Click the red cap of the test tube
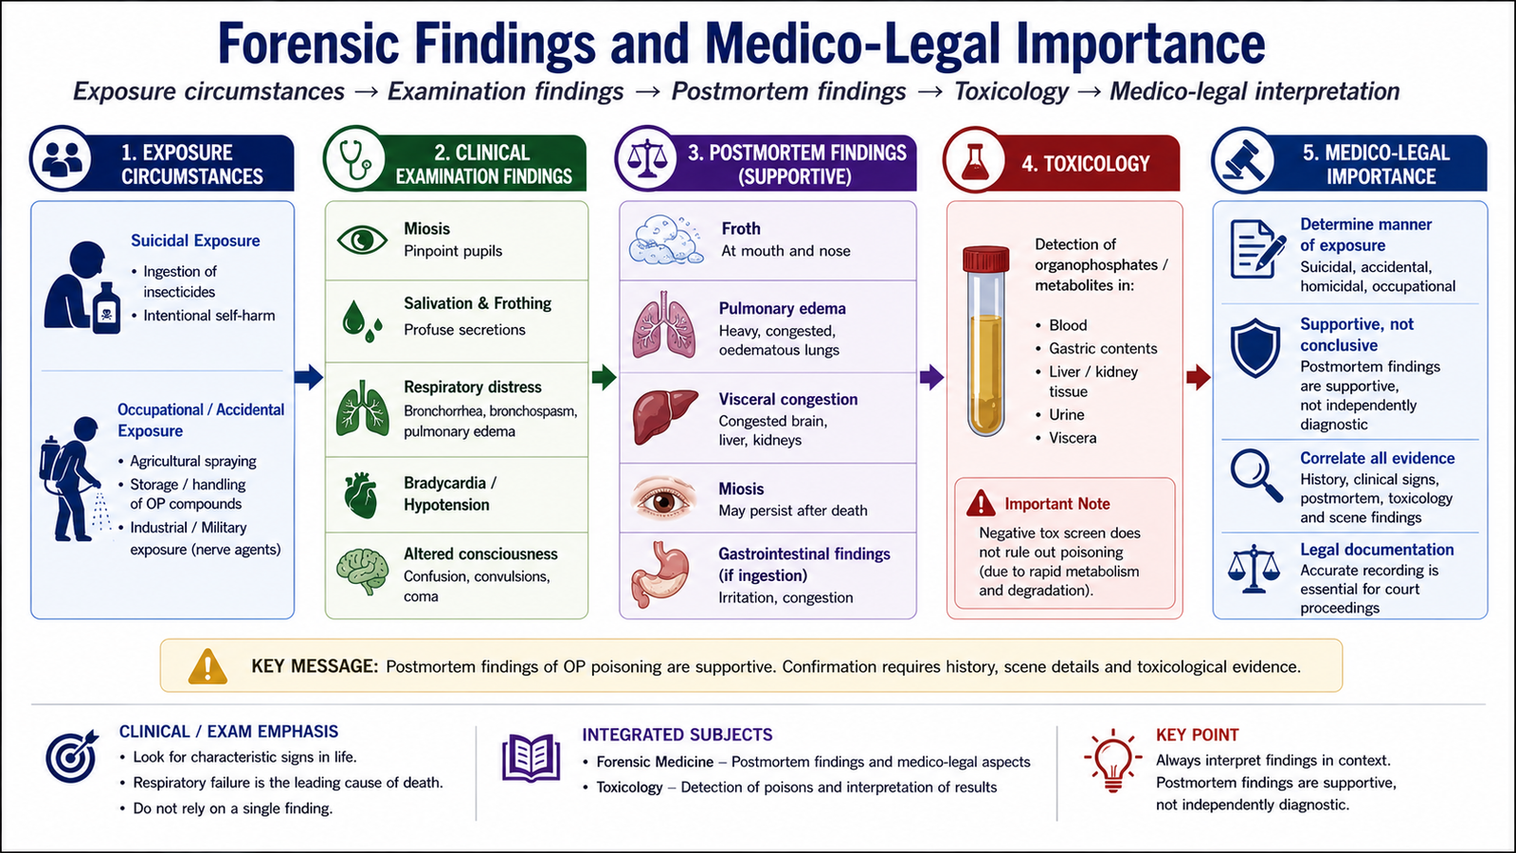coord(985,259)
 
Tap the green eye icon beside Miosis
coord(362,240)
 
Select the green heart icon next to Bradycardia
coord(361,495)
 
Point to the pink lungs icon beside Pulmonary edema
coord(664,325)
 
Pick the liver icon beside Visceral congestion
coord(665,416)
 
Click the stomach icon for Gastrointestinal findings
coord(659,574)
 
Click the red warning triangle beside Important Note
coord(981,503)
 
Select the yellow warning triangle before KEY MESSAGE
coord(208,666)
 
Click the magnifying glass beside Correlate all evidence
coord(1256,475)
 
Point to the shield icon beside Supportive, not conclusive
coord(1255,347)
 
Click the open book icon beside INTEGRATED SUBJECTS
coord(532,757)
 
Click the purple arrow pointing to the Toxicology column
coord(932,377)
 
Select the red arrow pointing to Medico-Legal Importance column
coord(1199,377)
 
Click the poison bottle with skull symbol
coord(106,308)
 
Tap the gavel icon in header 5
coord(1243,160)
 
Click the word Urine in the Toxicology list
coord(1067,414)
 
